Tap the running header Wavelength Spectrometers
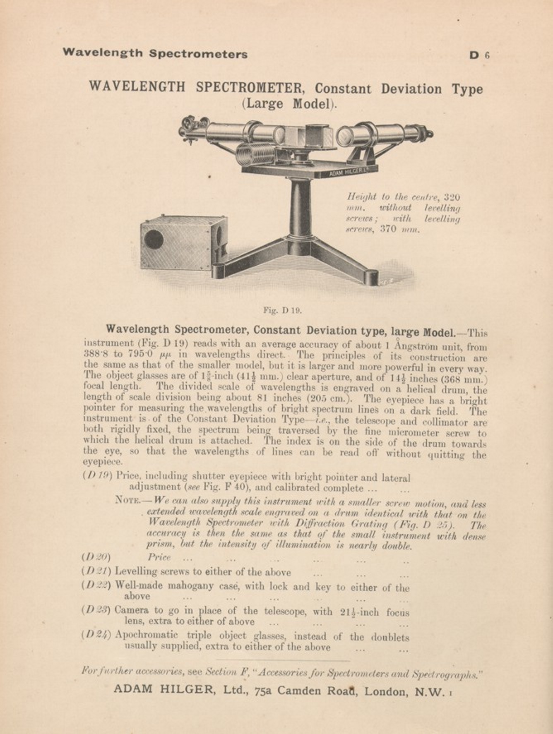click(x=155, y=53)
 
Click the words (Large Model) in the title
click(x=289, y=103)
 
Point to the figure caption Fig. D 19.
click(x=283, y=310)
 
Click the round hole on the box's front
click(x=154, y=240)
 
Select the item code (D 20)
click(x=97, y=557)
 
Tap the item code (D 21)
click(x=97, y=571)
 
